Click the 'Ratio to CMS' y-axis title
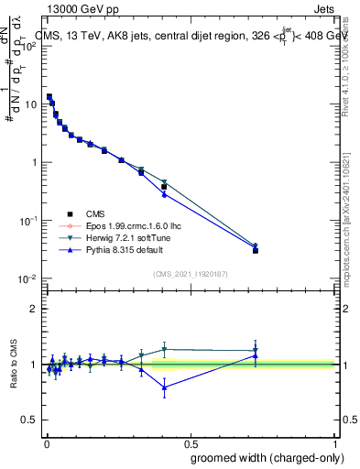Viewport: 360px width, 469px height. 15,365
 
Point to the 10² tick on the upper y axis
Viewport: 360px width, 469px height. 28,46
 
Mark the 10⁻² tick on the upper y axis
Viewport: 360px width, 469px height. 28,278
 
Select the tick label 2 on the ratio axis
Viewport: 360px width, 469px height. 33,309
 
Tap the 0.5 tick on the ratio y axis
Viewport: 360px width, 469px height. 29,420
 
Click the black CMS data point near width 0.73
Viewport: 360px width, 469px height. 256,250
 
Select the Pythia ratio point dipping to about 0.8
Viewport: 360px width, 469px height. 164,387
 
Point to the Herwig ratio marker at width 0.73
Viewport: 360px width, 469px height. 256,350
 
